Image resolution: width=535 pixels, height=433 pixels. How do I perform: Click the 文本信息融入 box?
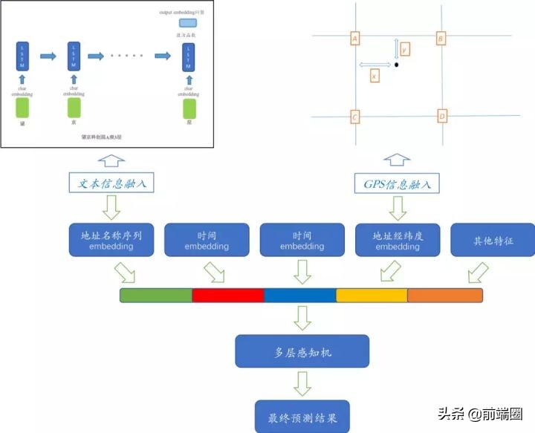click(112, 182)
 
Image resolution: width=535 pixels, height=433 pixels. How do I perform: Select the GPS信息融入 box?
click(396, 182)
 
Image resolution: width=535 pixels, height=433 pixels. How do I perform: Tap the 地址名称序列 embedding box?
click(111, 240)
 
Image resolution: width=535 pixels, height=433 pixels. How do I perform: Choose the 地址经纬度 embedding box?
click(398, 240)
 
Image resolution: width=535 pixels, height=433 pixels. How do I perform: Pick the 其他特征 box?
click(492, 240)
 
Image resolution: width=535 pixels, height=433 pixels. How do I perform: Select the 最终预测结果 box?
click(302, 417)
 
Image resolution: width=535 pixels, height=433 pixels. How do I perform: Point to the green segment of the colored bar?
click(156, 295)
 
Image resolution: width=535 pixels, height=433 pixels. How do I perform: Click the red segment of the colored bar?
click(228, 295)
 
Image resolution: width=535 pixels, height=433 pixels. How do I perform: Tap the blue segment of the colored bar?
click(300, 295)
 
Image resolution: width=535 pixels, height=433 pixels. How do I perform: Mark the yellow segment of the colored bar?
click(372, 295)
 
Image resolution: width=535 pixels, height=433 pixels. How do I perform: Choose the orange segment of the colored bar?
click(444, 295)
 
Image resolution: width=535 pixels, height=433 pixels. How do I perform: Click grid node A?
click(354, 38)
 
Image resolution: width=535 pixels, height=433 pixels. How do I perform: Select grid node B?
click(441, 38)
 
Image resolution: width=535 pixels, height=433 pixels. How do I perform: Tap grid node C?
click(354, 117)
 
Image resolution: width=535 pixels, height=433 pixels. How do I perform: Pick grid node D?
click(441, 117)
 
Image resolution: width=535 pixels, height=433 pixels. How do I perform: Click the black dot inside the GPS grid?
click(397, 65)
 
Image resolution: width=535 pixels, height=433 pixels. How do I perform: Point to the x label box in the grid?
click(374, 76)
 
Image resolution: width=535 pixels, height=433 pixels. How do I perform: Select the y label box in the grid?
click(404, 49)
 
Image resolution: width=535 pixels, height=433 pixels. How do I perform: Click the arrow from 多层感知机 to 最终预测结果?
click(302, 383)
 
